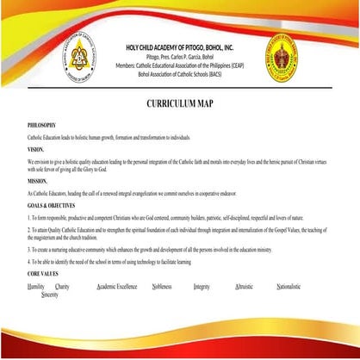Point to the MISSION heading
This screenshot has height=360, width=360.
[37, 182]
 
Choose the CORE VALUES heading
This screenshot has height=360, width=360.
[44, 272]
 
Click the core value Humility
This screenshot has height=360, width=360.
[36, 285]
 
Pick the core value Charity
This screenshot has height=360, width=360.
[62, 285]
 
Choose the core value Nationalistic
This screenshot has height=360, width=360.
[289, 285]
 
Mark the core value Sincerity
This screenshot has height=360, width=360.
[50, 294]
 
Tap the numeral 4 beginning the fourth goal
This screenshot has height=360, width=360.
[29, 259]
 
